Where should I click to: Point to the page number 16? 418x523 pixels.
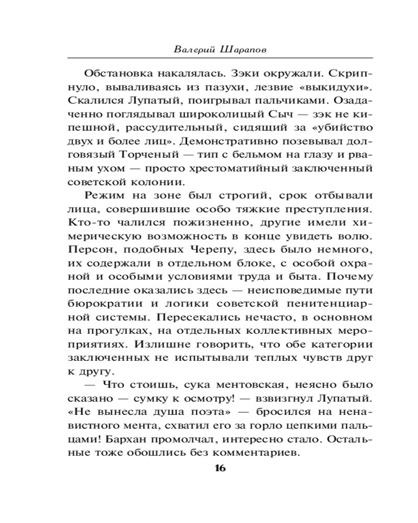tap(219, 468)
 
